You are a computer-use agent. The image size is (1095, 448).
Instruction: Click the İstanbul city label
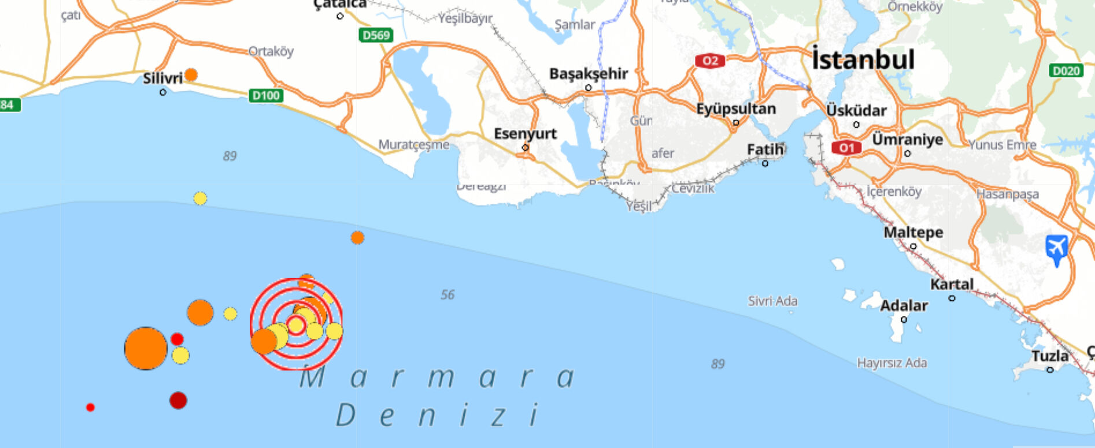click(x=863, y=60)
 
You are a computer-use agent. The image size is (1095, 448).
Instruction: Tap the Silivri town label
click(x=162, y=78)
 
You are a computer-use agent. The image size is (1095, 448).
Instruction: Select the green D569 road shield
click(x=375, y=35)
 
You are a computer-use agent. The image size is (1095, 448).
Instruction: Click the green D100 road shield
click(x=266, y=95)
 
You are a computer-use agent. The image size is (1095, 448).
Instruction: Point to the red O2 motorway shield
click(x=710, y=61)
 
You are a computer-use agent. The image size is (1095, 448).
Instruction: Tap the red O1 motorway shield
click(x=846, y=148)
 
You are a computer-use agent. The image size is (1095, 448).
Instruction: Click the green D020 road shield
click(x=1066, y=70)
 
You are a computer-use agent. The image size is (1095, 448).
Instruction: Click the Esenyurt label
click(x=525, y=134)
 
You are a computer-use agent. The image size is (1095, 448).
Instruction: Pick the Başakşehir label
click(x=588, y=74)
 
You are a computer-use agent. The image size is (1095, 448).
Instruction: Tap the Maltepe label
click(x=913, y=233)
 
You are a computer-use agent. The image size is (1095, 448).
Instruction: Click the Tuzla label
click(x=1050, y=356)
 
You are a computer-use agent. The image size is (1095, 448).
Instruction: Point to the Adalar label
click(x=904, y=306)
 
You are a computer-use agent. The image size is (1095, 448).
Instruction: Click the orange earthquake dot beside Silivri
click(x=191, y=74)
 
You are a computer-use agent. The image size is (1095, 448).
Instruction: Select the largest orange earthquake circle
click(x=146, y=348)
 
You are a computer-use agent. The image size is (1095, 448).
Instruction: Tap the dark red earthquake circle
click(x=178, y=400)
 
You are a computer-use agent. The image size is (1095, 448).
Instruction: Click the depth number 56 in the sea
click(x=447, y=295)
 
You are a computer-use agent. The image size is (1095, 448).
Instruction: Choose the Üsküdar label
click(x=856, y=110)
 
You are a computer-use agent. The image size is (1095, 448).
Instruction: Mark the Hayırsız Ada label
click(x=891, y=363)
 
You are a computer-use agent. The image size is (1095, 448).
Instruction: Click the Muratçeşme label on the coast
click(x=413, y=145)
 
